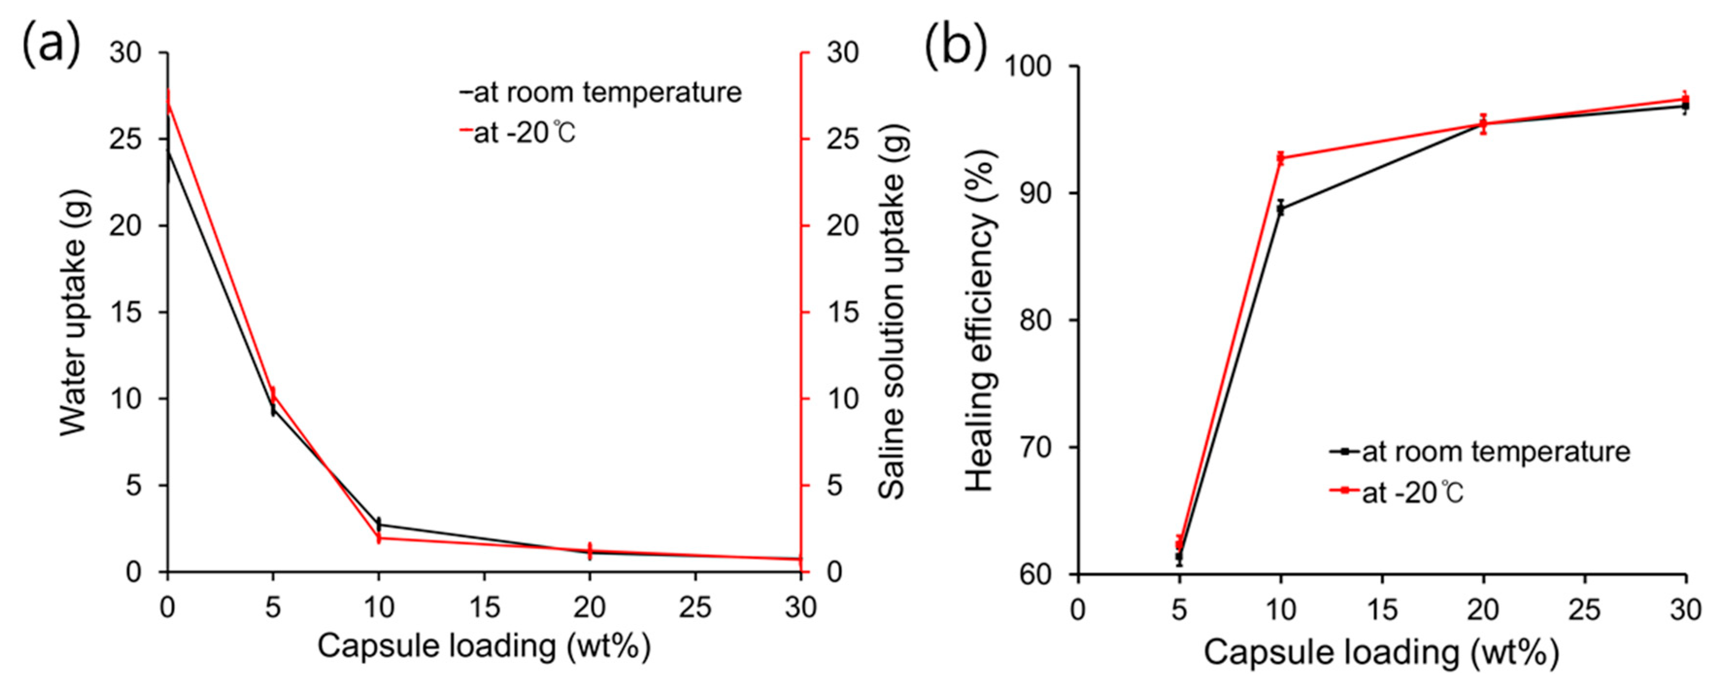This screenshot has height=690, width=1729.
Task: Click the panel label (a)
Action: coord(51,44)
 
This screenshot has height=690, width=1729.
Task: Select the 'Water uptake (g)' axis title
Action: coord(73,312)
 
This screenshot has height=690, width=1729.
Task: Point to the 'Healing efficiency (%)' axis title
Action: coord(980,321)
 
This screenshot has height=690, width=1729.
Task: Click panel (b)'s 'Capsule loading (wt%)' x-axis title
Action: coord(1381,652)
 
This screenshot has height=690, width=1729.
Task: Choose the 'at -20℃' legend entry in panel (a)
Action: coord(523,133)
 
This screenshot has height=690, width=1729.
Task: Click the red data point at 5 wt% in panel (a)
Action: coord(272,395)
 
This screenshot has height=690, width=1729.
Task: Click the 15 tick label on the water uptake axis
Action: coord(126,312)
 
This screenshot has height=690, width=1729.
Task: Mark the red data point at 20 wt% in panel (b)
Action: coord(1483,123)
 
